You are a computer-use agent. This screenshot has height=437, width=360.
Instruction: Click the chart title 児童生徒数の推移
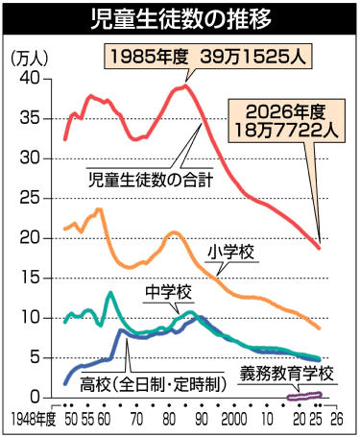click(181, 19)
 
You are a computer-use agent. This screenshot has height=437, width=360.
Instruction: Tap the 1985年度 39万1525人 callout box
click(208, 58)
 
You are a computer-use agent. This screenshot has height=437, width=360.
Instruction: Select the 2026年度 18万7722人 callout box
click(286, 121)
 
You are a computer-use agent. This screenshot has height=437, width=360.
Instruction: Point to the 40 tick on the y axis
click(31, 79)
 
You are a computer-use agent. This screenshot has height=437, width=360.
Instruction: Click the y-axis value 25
click(31, 198)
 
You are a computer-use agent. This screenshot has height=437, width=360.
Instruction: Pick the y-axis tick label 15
click(31, 278)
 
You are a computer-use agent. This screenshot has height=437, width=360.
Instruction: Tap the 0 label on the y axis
click(36, 398)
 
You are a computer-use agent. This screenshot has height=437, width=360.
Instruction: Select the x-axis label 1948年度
click(34, 420)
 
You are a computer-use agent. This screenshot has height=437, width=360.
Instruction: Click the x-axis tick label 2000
click(234, 420)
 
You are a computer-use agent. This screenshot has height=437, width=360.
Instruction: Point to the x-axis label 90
click(202, 420)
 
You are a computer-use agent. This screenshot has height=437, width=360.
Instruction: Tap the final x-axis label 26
click(336, 420)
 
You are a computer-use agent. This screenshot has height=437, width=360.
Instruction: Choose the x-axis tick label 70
click(136, 420)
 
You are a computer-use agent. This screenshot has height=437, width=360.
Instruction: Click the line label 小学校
click(230, 253)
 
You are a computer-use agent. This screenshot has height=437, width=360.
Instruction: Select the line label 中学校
click(168, 292)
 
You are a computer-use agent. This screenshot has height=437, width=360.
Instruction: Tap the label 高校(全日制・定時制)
click(153, 384)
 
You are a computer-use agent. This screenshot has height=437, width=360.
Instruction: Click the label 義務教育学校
click(287, 373)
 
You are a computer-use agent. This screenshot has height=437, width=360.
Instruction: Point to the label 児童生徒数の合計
click(151, 180)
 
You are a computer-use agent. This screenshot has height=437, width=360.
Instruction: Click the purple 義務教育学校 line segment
click(304, 397)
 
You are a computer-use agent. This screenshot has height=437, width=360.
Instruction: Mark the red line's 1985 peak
click(185, 85)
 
